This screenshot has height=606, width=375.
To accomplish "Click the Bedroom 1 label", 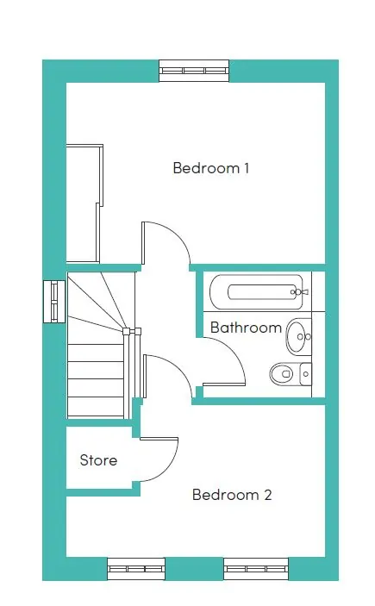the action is tap(210, 168).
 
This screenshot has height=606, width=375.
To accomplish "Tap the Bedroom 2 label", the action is tap(232, 495).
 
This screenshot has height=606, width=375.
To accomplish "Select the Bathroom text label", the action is tap(246, 328).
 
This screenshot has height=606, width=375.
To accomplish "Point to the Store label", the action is tap(98, 460).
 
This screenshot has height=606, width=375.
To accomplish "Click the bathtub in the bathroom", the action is tap(256, 292).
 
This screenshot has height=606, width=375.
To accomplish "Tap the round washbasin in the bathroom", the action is tap(298, 335).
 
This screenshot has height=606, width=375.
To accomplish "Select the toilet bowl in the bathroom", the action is tap(284, 374).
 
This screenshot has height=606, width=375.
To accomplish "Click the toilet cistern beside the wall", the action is tap(306, 374).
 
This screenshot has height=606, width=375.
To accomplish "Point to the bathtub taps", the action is tap(299, 291).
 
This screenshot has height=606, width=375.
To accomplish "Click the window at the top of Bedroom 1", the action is tap(194, 71).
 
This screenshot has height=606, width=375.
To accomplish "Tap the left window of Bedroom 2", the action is tap(136, 569).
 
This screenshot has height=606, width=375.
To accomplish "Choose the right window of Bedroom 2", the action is tap(256, 569).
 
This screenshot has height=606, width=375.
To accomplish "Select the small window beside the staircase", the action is tap(54, 302).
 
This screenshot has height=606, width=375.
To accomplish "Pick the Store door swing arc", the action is tap(170, 467).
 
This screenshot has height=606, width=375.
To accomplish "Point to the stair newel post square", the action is tap(126, 331).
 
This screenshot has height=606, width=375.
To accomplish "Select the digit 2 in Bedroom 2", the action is tap(267, 495).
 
